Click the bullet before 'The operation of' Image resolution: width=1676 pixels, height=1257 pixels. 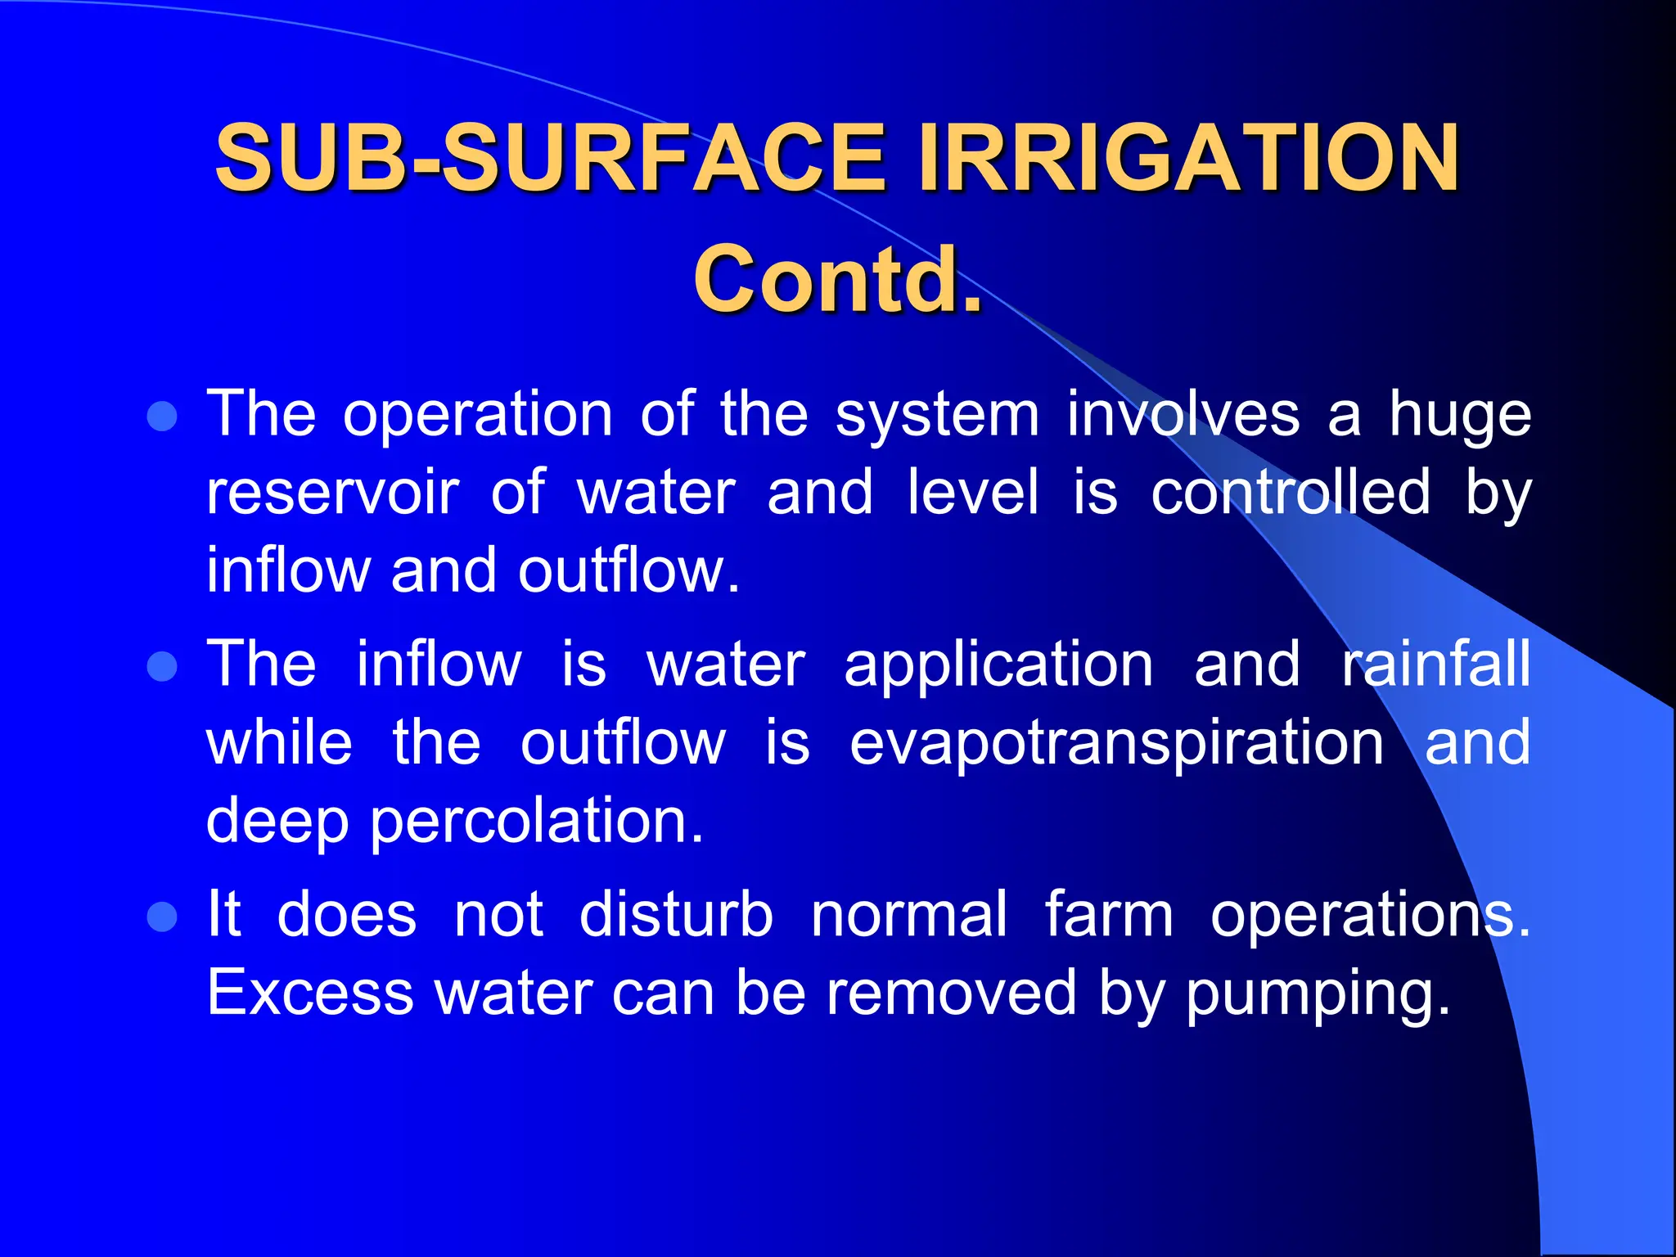[x=163, y=417]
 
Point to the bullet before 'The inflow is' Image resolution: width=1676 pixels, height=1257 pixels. [x=163, y=666]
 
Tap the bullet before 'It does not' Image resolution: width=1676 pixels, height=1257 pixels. [x=163, y=917]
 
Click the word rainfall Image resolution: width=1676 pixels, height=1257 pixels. [x=1435, y=664]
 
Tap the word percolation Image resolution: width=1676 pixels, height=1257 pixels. [x=536, y=822]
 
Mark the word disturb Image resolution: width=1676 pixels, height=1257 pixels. [x=676, y=915]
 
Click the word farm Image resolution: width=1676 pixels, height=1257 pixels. [x=1109, y=915]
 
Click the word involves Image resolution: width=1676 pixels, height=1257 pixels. [x=1183, y=415]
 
